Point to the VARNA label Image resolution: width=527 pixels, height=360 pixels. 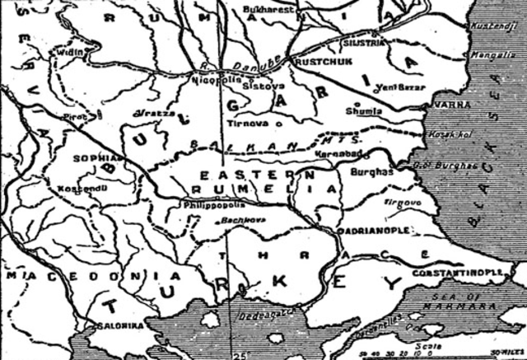pyautogui.click(x=435, y=105)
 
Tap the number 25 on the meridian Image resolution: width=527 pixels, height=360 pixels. pyautogui.click(x=237, y=354)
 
